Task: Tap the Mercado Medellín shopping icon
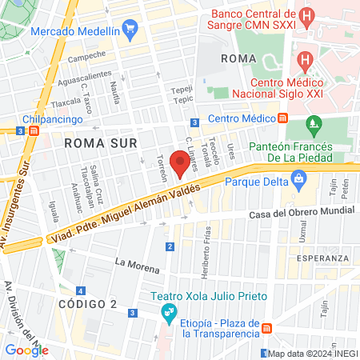click(132, 31)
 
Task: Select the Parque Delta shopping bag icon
click(299, 181)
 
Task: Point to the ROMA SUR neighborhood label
click(101, 142)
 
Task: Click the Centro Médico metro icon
click(283, 118)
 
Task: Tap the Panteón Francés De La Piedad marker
click(313, 124)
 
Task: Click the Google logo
click(26, 350)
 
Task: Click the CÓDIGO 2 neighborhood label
click(87, 304)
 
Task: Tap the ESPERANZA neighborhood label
click(322, 258)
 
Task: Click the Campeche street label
click(86, 56)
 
